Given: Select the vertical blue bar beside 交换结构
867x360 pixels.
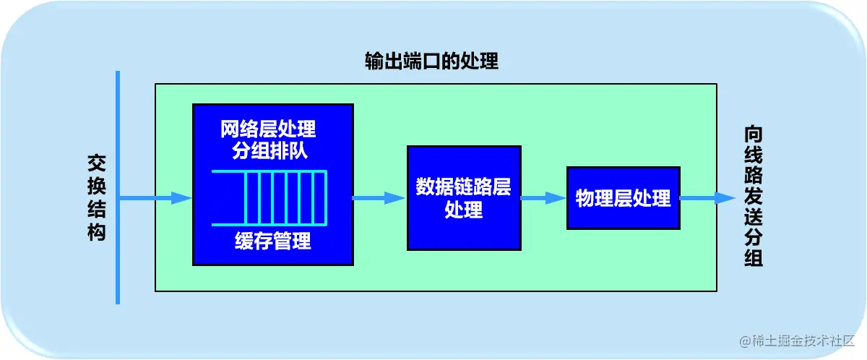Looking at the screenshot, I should click(118, 187).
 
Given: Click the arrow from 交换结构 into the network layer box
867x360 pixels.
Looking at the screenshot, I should click(155, 198).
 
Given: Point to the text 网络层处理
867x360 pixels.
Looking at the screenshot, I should click(268, 130).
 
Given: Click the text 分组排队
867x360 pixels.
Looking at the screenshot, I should click(268, 151).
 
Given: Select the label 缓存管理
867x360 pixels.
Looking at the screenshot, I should click(273, 241).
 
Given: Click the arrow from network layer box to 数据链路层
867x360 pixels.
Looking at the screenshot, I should click(379, 198).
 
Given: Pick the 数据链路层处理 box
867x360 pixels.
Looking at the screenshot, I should click(464, 197).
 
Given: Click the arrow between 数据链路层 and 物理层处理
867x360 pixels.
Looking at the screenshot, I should click(543, 198).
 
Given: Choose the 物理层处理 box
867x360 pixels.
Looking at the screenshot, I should click(623, 198).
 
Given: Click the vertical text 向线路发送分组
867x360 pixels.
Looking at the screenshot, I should click(754, 197).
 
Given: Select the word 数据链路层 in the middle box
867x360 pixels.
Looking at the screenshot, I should click(463, 187).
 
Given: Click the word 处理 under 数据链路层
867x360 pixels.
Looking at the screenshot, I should click(463, 210).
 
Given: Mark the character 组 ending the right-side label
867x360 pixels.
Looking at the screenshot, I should click(754, 258).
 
